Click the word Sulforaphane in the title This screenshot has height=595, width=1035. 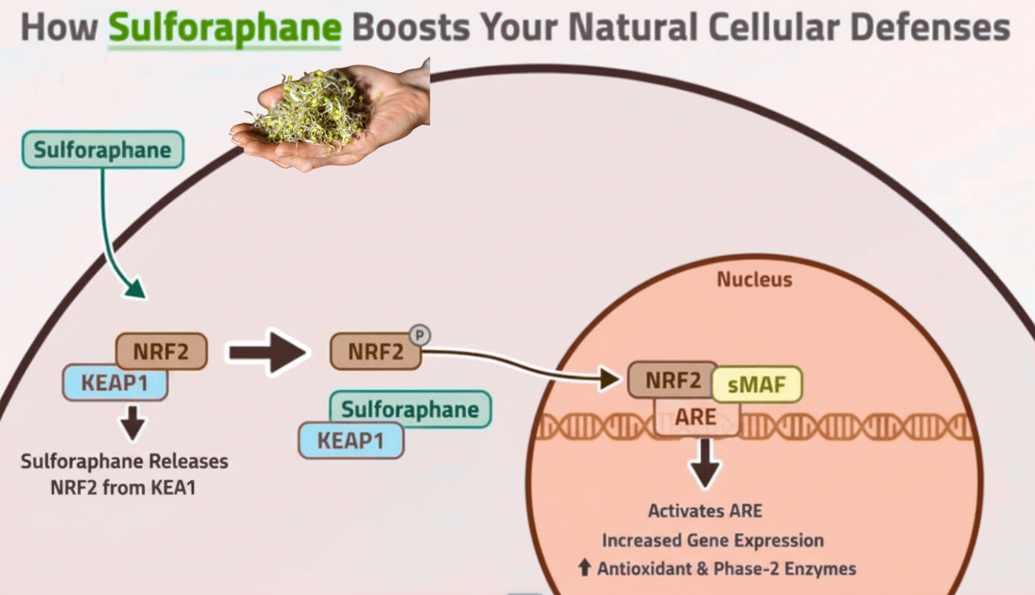224,27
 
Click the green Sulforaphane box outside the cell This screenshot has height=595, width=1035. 102,151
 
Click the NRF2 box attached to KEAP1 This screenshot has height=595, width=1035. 161,351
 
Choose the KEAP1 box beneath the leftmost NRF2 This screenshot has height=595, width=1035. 114,383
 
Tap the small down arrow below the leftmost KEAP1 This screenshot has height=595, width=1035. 131,422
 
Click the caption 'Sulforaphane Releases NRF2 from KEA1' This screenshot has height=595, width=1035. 125,475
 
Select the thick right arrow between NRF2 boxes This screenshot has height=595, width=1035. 268,351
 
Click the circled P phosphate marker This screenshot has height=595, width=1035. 419,335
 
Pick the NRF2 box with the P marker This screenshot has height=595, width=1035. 375,352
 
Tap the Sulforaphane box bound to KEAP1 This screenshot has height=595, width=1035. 410,410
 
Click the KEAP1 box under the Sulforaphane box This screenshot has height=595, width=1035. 351,441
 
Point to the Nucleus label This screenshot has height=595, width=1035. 755,279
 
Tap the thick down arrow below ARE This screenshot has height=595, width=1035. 704,464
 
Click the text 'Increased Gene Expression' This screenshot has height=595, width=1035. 712,540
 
